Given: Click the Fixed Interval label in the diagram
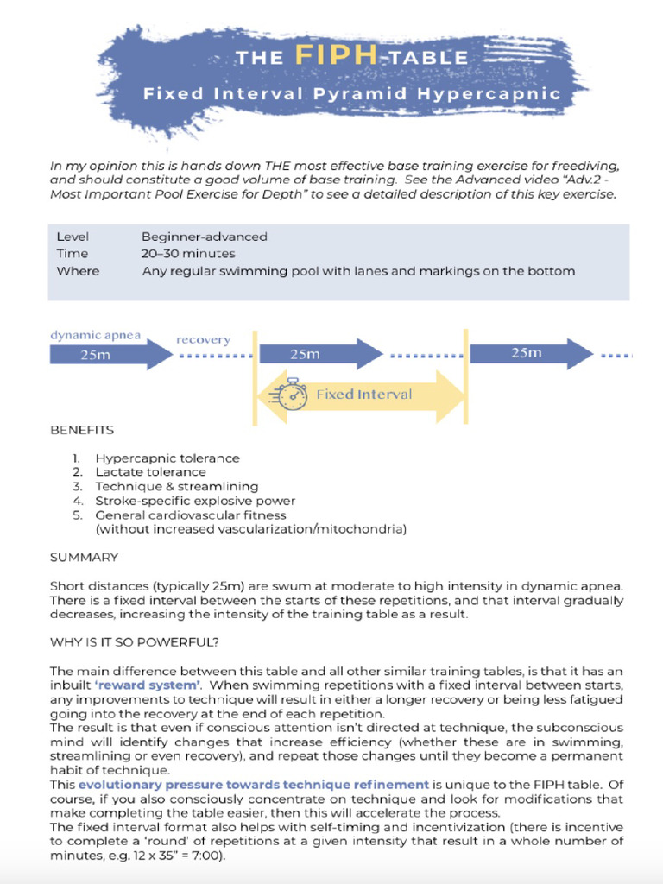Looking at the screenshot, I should tap(363, 395).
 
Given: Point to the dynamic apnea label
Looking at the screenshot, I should tap(95, 335).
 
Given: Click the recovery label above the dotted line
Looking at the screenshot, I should tap(203, 340).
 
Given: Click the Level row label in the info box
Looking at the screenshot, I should tap(73, 237).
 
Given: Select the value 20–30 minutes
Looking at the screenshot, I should tap(188, 254).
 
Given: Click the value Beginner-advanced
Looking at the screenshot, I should tap(205, 237).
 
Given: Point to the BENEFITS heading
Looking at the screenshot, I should tap(81, 429).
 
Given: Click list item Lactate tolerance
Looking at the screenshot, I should tap(150, 472).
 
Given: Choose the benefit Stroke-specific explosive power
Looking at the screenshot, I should tap(195, 501).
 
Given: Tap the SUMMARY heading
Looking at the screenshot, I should tap(84, 558).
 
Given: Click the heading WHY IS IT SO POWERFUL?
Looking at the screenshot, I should tap(135, 642).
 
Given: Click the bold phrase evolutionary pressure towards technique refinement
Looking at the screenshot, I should tap(253, 785).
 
